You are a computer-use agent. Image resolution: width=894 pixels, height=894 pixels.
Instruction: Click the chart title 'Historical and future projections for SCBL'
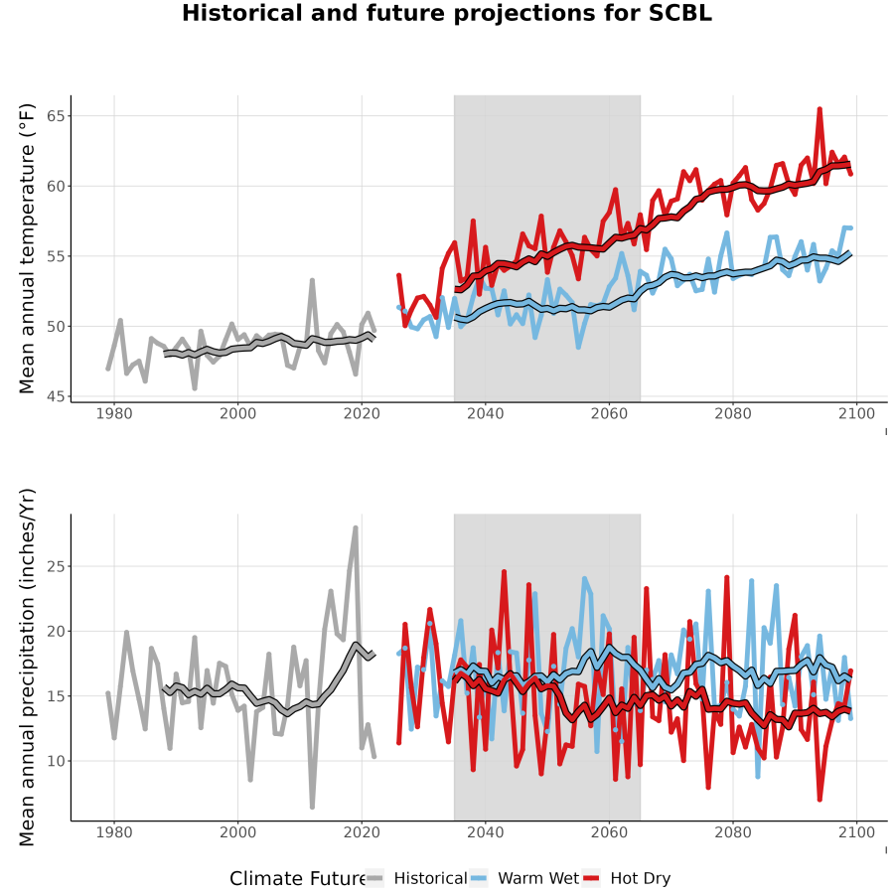447,13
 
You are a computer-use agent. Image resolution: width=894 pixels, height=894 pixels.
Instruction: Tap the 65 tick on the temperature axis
56,116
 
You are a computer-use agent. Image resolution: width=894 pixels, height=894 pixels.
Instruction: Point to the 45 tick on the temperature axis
56,396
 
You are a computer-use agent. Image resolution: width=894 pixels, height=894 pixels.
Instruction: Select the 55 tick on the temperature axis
56,256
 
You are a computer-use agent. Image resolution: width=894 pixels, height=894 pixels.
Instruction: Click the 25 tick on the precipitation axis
56,566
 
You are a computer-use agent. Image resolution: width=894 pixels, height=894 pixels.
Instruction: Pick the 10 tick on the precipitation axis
56,761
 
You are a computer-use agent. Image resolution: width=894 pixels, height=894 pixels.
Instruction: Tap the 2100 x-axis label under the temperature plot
856,413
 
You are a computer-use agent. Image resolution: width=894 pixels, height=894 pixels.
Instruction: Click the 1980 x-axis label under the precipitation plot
114,832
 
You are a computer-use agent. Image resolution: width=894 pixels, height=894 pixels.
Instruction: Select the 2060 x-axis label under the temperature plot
609,413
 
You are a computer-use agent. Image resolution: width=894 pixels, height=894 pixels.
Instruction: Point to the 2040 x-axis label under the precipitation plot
485,832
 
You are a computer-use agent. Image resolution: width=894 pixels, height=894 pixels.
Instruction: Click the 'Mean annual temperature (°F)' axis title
27,248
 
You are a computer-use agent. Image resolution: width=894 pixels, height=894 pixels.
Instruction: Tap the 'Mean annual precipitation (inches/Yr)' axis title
27,668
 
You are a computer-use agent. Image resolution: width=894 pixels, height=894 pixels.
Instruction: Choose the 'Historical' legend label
430,878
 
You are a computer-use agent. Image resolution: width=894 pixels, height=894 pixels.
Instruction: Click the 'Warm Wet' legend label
538,878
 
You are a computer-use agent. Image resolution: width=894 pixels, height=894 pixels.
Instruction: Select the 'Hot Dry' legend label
641,878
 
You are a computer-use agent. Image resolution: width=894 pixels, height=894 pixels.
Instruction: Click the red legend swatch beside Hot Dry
591,879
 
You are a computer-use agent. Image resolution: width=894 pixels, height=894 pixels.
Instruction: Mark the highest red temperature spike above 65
819,109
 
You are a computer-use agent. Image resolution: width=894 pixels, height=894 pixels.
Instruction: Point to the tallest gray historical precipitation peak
356,528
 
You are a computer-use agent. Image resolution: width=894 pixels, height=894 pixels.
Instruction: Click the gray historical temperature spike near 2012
312,280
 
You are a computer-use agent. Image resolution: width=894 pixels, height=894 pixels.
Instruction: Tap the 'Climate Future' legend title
298,878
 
